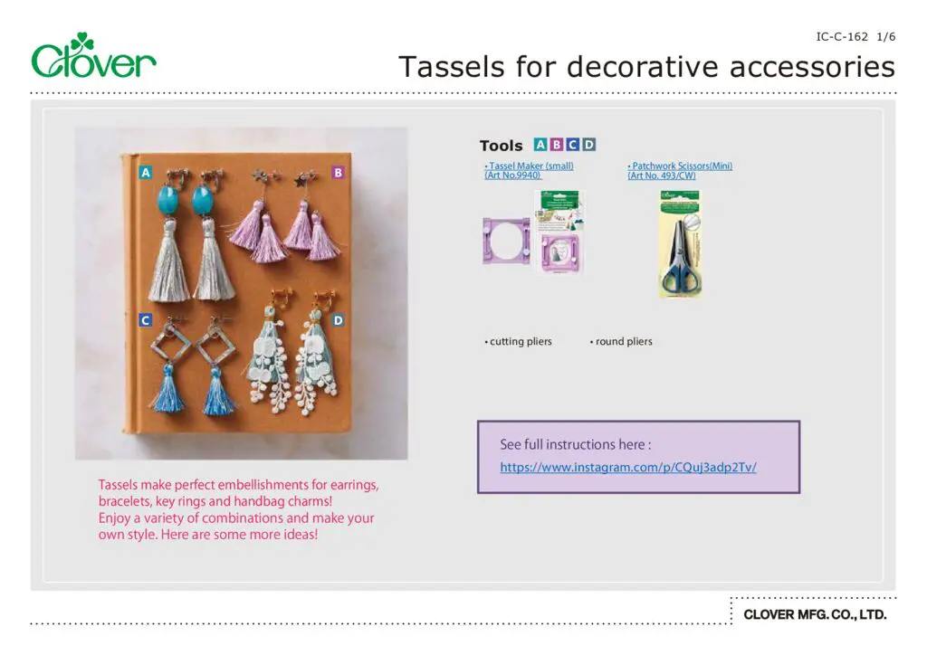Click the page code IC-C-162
(842, 37)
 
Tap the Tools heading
(501, 146)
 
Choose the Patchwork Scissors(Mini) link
(679, 166)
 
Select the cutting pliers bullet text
(519, 342)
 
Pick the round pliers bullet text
(622, 342)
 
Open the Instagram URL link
(627, 468)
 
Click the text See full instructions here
(575, 445)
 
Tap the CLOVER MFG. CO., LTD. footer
(815, 615)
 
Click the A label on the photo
(145, 172)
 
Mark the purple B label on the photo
(338, 172)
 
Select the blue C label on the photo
(145, 320)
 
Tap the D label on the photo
(338, 320)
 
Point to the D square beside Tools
(589, 145)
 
